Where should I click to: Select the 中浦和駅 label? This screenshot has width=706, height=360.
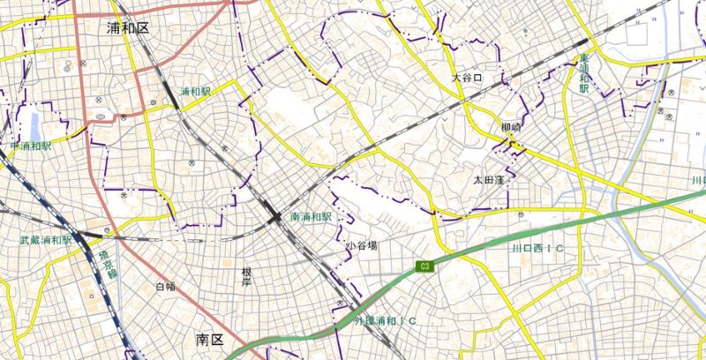coord(31,146)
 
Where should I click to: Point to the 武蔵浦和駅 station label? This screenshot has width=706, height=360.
coord(46,240)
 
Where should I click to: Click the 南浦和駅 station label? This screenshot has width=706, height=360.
coord(311,216)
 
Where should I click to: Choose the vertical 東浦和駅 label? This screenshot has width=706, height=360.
coord(583,77)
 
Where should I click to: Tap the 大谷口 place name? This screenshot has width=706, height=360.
coord(468,78)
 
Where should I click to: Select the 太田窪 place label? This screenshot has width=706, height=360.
coord(488,180)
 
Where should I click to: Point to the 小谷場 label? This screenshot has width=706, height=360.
coord(361,244)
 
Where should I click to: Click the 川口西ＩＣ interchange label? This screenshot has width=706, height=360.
coord(538,250)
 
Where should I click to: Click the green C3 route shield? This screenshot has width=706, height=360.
coord(425,266)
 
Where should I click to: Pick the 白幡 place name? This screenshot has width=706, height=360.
coord(165,286)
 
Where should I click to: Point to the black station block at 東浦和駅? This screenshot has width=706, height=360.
coord(581,42)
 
